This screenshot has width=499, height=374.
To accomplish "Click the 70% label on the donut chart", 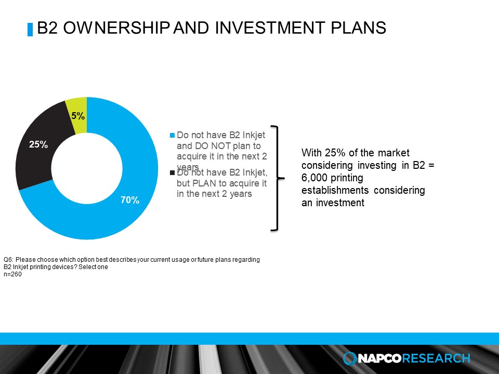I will [x=130, y=200].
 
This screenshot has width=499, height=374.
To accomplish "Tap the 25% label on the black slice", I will [x=38, y=145].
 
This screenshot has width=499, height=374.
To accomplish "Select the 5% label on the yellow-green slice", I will [x=78, y=116].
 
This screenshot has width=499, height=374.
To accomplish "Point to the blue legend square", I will [x=173, y=135].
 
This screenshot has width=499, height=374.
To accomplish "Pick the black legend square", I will [x=173, y=172].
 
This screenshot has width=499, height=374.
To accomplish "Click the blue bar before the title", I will [x=30, y=29].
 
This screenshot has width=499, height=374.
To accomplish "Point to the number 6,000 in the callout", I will [x=315, y=178].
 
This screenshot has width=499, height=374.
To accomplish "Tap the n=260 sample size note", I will [x=12, y=275].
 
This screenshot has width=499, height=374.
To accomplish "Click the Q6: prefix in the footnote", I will [x=8, y=260].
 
